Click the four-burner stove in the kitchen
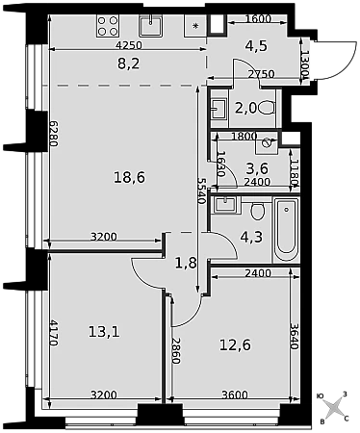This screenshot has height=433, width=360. [x=108, y=26]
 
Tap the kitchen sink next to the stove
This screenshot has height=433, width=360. [x=150, y=26]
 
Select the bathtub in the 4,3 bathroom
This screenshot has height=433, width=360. [x=287, y=230]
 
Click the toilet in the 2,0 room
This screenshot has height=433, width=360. [x=267, y=108]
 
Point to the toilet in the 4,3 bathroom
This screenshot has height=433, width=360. [x=257, y=211]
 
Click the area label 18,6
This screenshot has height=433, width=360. [x=130, y=177]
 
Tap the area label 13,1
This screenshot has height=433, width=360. [x=104, y=332]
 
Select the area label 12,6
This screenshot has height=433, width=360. [x=235, y=345]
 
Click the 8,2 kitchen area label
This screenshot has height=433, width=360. [x=129, y=64]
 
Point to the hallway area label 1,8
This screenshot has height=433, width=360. [x=186, y=264]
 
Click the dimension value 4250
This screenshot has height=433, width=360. [x=129, y=45]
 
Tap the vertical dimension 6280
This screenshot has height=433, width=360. [x=54, y=134]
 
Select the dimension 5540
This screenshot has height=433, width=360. [x=201, y=191]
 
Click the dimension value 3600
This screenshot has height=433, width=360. [x=235, y=395]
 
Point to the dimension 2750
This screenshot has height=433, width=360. [x=262, y=74]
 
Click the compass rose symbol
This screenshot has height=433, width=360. [x=334, y=407]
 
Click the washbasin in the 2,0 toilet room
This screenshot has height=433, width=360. [x=219, y=109]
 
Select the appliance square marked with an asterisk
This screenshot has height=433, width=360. [x=195, y=26]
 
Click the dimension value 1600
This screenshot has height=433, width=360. [x=258, y=19]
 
